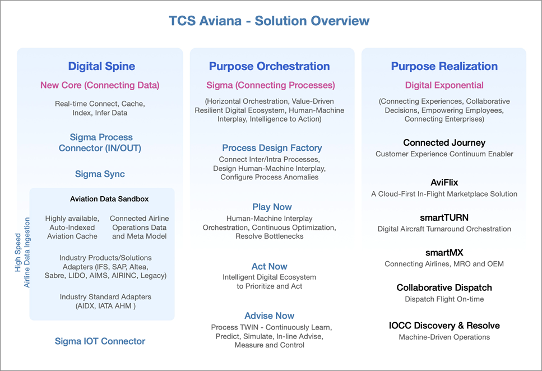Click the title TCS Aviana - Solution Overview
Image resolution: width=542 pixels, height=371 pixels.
click(269, 21)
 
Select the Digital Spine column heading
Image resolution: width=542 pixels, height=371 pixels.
click(101, 66)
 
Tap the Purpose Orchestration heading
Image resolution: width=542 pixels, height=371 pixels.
click(269, 66)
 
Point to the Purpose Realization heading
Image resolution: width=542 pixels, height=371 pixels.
click(444, 66)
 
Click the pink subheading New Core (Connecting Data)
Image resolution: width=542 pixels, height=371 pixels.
click(100, 85)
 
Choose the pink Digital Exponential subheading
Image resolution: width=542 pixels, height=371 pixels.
click(444, 85)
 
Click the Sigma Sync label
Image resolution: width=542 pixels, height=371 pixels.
click(100, 174)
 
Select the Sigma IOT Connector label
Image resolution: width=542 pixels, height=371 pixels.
click(100, 341)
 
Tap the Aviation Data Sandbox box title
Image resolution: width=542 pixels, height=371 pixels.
click(109, 199)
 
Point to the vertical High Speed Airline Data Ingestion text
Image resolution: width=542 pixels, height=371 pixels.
click(22, 252)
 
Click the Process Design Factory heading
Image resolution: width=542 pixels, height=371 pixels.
click(272, 148)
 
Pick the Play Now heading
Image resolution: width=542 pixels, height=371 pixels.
click(272, 207)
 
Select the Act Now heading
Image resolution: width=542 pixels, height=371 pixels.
click(269, 266)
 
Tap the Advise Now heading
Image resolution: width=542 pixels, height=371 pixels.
click(269, 316)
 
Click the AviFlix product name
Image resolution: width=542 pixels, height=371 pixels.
click(444, 182)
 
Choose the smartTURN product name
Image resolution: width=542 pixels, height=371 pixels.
click(444, 217)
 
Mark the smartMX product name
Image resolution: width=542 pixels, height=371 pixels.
click(444, 252)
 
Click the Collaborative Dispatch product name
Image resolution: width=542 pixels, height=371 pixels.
click(444, 287)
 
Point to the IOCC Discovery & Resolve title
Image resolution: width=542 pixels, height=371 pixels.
click(444, 326)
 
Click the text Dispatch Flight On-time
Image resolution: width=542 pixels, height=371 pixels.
click(444, 299)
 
